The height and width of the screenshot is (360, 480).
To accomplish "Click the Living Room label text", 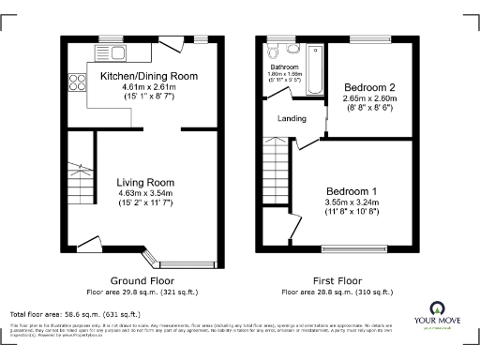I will [145, 182].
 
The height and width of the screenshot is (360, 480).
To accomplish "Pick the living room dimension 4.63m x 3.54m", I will [145, 193].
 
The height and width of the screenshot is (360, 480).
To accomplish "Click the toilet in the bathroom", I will [293, 49].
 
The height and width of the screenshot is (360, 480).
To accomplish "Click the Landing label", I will [292, 118].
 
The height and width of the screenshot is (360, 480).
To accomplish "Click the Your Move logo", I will [438, 316].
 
